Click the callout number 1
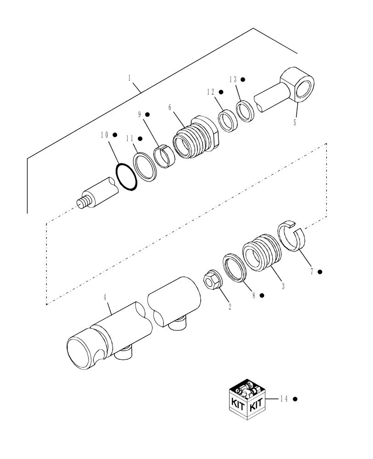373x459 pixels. (x=130, y=78)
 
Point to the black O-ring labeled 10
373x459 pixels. (x=127, y=177)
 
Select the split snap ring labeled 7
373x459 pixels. (x=291, y=235)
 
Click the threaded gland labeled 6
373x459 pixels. (x=195, y=137)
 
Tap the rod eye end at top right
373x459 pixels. (x=297, y=85)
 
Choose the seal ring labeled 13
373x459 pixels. (x=246, y=112)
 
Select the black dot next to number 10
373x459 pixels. (x=115, y=135)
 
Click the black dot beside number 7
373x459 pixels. (x=320, y=272)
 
